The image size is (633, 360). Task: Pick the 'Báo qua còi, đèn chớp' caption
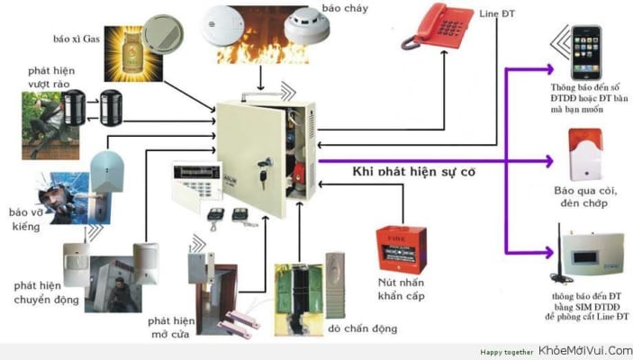point(587,199)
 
